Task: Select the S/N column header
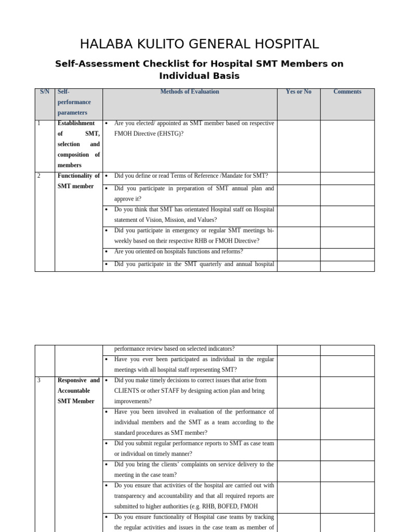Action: pyautogui.click(x=45, y=92)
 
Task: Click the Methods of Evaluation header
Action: pyautogui.click(x=190, y=92)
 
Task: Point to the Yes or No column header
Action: pyautogui.click(x=298, y=92)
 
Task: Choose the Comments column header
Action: pyautogui.click(x=347, y=92)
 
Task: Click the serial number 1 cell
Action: pyautogui.click(x=39, y=124)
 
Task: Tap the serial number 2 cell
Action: pyautogui.click(x=39, y=176)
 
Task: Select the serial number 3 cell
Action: pyautogui.click(x=39, y=380)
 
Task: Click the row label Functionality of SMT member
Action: pyautogui.click(x=78, y=181)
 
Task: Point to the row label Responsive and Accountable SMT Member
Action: pyautogui.click(x=78, y=391)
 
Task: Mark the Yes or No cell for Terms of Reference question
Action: pyautogui.click(x=298, y=178)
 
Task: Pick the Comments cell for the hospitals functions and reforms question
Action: pyautogui.click(x=347, y=254)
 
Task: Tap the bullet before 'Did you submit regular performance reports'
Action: pyautogui.click(x=106, y=444)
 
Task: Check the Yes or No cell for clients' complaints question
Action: pyautogui.click(x=298, y=471)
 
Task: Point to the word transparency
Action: pyautogui.click(x=132, y=496)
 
